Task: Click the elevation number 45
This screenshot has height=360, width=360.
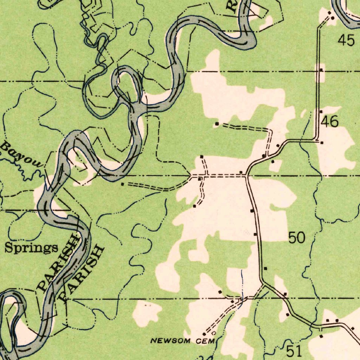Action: pyautogui.click(x=346, y=40)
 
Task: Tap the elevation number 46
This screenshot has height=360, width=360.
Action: pyautogui.click(x=330, y=122)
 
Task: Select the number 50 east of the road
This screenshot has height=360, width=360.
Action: pyautogui.click(x=297, y=238)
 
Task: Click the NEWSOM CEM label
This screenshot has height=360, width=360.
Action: pyautogui.click(x=175, y=341)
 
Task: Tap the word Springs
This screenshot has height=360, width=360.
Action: pyautogui.click(x=31, y=248)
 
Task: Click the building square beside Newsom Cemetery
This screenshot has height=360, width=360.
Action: pyautogui.click(x=204, y=334)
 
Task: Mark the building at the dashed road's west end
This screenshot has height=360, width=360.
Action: pyautogui.click(x=122, y=184)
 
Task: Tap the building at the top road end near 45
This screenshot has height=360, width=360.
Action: pyautogui.click(x=333, y=18)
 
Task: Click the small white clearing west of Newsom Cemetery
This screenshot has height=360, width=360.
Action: pyautogui.click(x=147, y=312)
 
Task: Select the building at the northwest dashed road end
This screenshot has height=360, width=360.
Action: pyautogui.click(x=217, y=124)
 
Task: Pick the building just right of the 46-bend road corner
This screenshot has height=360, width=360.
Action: pyautogui.click(x=322, y=142)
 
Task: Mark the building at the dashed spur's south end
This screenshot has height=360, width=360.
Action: pyautogui.click(x=195, y=206)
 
